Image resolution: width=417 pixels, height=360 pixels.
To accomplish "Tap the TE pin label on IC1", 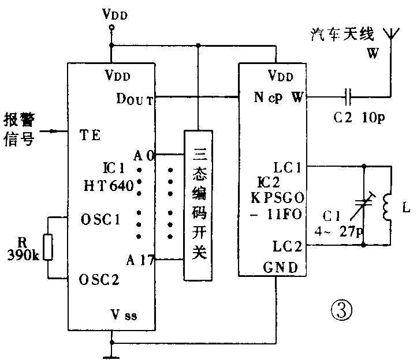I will point(90,136).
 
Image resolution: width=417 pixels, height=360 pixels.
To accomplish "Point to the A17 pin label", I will point(143,260).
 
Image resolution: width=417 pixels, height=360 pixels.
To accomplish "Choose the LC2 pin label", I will point(286,246).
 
